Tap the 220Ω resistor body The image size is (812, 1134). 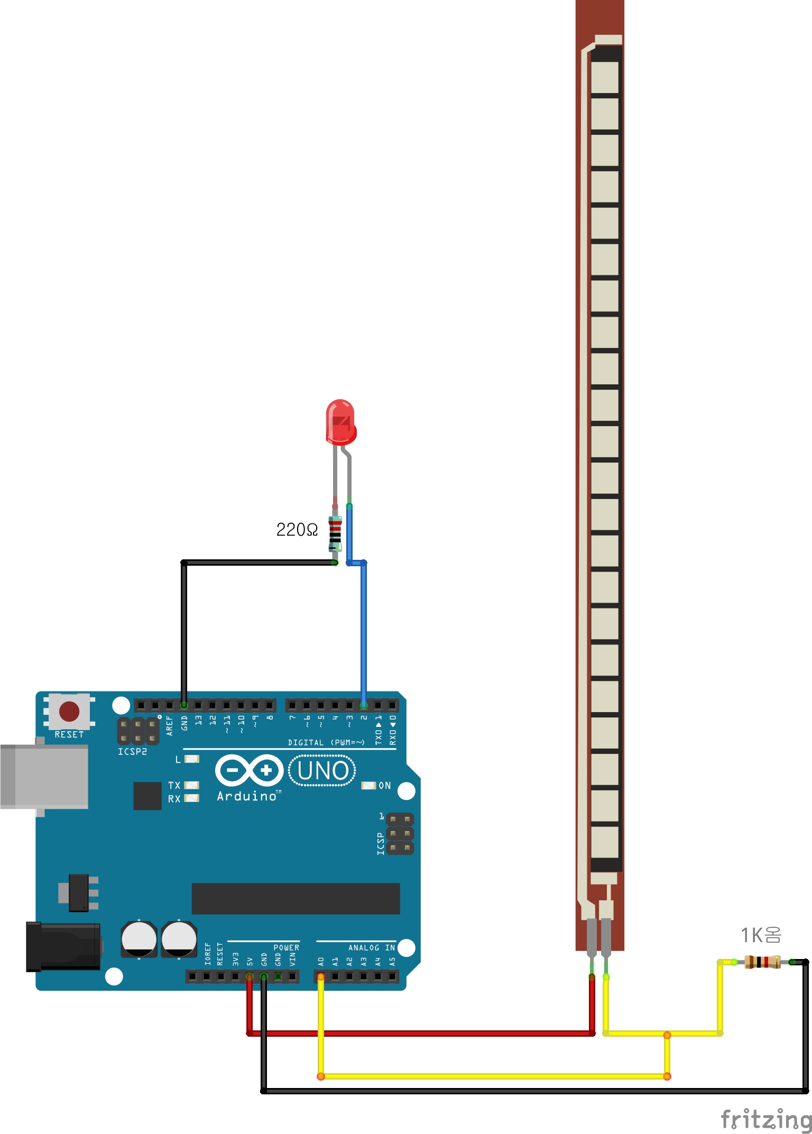(335, 534)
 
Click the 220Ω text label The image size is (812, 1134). (297, 530)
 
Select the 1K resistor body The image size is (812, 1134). (762, 962)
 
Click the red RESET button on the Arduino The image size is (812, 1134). (69, 712)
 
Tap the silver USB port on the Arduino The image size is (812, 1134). (44, 777)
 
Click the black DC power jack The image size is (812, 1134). (63, 947)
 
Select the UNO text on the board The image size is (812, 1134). (322, 771)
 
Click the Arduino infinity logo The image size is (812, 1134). (249, 770)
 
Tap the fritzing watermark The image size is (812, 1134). (766, 1119)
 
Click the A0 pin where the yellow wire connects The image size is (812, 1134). (320, 976)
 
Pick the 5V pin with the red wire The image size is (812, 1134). (250, 976)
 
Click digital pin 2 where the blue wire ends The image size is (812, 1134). (364, 705)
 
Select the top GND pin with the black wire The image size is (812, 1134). (184, 705)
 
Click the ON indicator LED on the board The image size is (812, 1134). (368, 786)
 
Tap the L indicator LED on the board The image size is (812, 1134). (191, 759)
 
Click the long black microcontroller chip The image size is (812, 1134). (296, 898)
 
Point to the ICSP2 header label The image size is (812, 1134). (132, 751)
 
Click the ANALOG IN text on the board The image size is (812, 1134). (372, 948)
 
